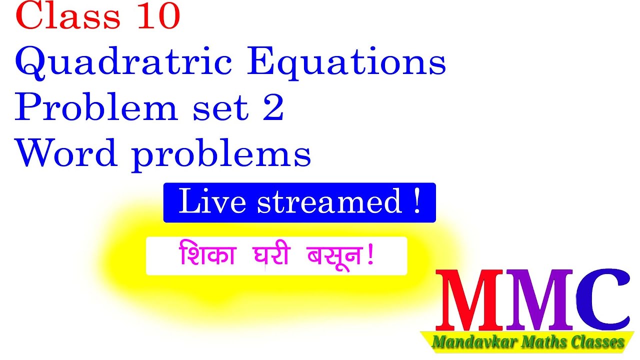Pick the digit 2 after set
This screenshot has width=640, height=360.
(x=273, y=109)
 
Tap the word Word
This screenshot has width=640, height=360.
(x=67, y=154)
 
